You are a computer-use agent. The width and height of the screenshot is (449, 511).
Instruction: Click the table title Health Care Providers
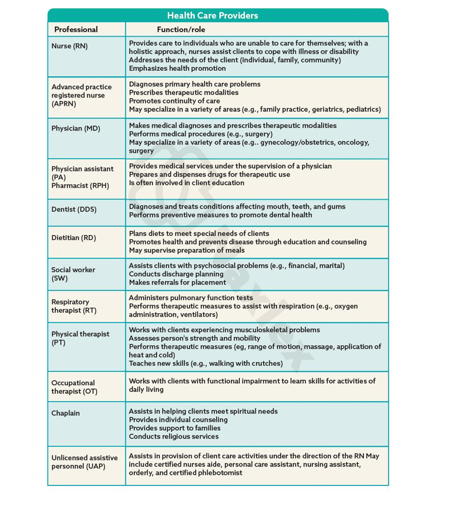click(x=212, y=16)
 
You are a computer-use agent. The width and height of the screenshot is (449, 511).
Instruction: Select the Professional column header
click(x=76, y=30)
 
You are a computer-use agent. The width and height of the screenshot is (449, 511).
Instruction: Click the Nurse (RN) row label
click(x=70, y=47)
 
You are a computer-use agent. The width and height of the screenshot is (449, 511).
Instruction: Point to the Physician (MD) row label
click(x=76, y=128)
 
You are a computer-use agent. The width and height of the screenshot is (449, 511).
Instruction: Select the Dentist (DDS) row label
click(x=74, y=209)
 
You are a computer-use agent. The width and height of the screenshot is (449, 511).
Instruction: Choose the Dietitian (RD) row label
click(x=74, y=238)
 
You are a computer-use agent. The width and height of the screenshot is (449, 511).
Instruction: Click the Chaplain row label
click(x=65, y=413)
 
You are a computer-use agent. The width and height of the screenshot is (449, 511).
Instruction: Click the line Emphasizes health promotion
click(x=177, y=68)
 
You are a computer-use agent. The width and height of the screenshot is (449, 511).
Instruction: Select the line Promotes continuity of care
click(x=175, y=101)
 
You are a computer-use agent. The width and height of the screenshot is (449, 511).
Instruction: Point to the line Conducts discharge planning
click(x=176, y=274)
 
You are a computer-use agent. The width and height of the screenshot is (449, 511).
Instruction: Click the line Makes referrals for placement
click(x=177, y=282)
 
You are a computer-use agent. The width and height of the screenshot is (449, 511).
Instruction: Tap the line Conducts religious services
click(x=174, y=436)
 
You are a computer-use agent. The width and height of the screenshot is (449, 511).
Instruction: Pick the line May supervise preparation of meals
click(x=187, y=250)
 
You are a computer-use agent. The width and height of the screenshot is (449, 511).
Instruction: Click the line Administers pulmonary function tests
click(x=191, y=298)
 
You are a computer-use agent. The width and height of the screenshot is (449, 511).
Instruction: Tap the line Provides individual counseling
click(x=178, y=420)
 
